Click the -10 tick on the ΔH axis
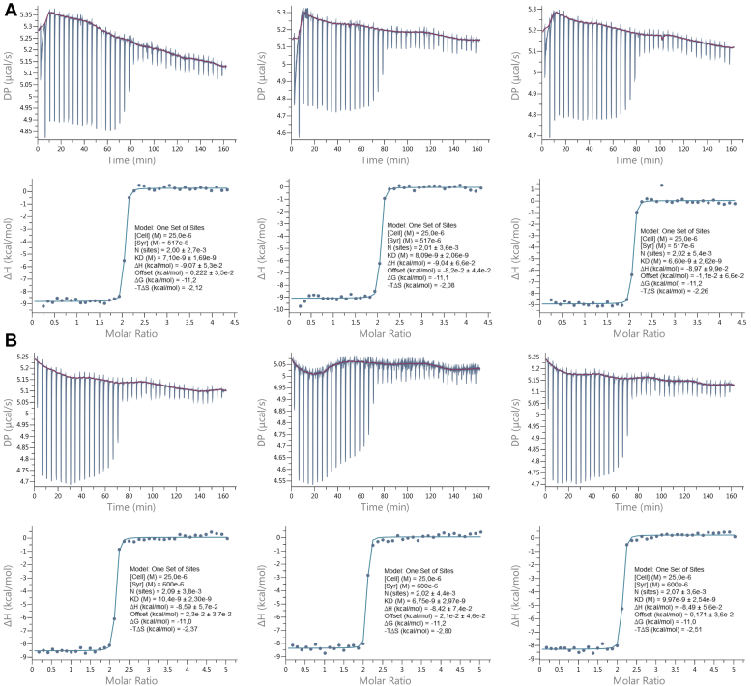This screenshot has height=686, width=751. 276,310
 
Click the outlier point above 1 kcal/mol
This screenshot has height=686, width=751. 661,186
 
